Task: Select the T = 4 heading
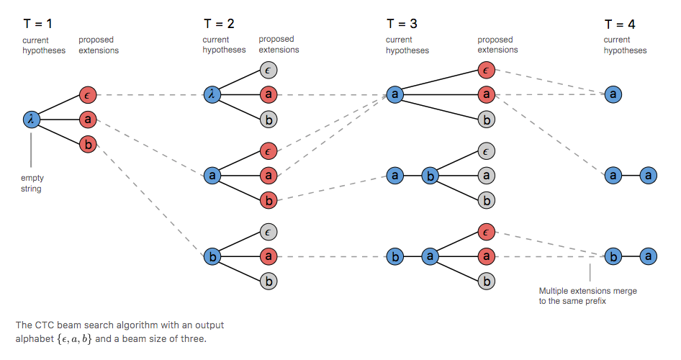tap(619, 24)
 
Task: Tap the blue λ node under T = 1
tap(31, 120)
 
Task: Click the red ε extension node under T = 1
tap(88, 94)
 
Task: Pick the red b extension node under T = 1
tap(88, 145)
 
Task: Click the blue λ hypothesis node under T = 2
tap(212, 94)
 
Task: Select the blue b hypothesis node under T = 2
tap(212, 256)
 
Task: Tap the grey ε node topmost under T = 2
tap(269, 69)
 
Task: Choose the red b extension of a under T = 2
tap(269, 200)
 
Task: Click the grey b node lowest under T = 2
tap(269, 282)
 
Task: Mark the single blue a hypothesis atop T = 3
tap(394, 94)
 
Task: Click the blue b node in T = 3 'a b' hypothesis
tap(430, 175)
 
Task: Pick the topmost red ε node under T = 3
tap(486, 69)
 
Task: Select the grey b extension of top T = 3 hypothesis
tap(486, 120)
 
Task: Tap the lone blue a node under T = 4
tap(613, 94)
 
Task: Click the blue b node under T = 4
tap(613, 256)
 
